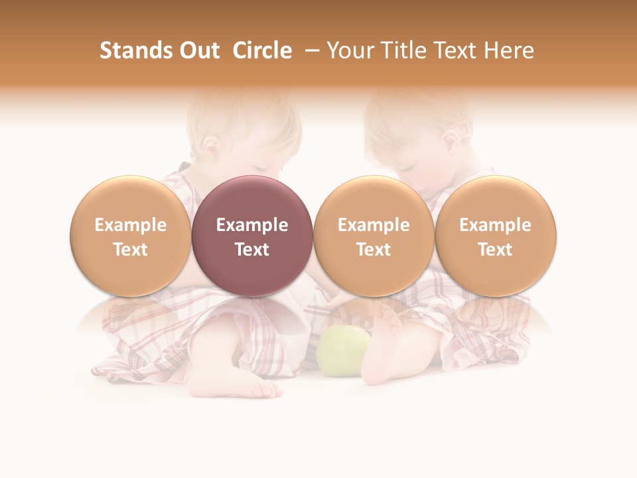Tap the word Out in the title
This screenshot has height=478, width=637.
click(x=197, y=50)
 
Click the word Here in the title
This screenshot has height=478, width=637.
click(x=508, y=50)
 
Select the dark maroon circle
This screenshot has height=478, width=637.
click(x=252, y=236)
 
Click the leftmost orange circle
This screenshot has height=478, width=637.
click(x=131, y=236)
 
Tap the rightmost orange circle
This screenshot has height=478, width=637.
click(x=496, y=236)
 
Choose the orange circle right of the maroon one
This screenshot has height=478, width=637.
click(x=374, y=236)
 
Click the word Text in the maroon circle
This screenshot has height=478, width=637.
click(x=252, y=250)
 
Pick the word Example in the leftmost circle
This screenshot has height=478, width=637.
click(x=131, y=225)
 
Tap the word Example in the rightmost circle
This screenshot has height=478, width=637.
click(x=496, y=225)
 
